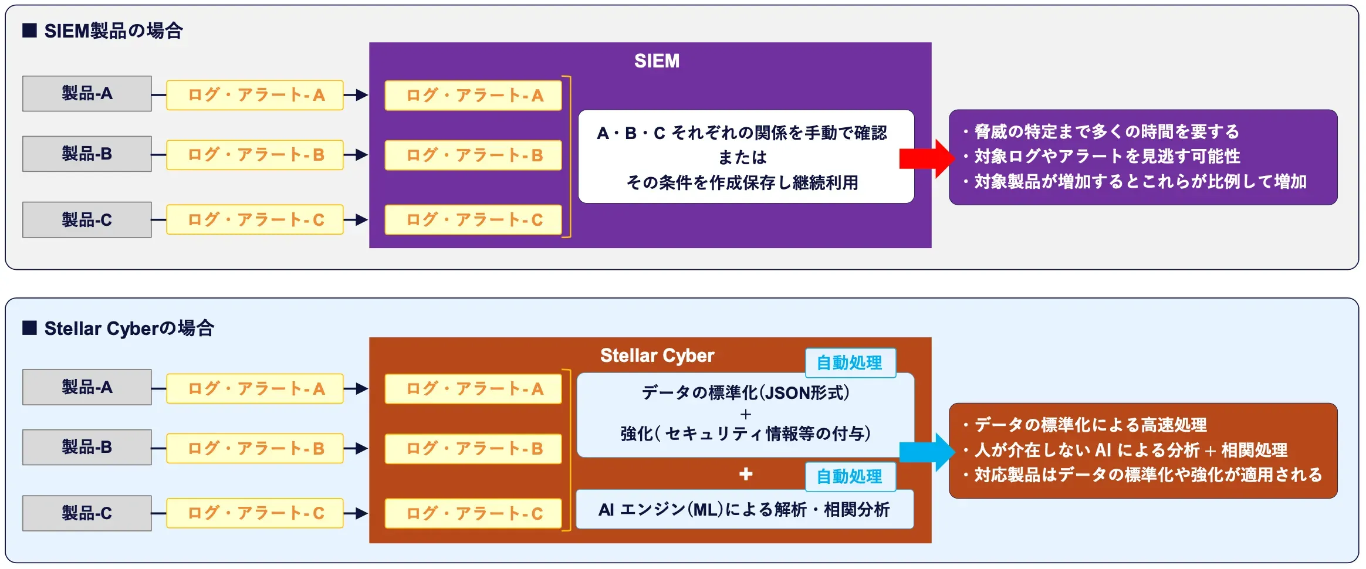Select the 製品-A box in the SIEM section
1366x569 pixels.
tap(87, 94)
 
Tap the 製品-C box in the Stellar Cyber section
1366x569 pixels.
tap(87, 513)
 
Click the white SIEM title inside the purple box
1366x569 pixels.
tap(657, 61)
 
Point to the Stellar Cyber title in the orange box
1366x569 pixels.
tap(657, 355)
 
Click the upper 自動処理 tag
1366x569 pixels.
tap(850, 363)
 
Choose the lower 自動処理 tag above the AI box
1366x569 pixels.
tap(850, 476)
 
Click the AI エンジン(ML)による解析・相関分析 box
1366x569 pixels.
tap(744, 509)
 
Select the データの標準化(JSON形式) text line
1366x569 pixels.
tap(745, 392)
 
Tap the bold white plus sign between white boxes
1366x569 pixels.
tap(746, 474)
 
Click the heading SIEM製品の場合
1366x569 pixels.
tap(113, 31)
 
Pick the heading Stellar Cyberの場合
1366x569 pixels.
tap(129, 328)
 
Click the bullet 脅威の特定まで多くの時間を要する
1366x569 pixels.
tap(1106, 131)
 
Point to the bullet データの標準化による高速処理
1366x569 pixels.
tap(1090, 425)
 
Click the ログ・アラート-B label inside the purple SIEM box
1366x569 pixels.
tap(474, 155)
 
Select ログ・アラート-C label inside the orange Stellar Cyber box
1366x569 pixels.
tap(474, 514)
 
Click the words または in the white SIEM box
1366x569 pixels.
tap(742, 157)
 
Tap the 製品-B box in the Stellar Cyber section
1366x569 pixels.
tap(87, 447)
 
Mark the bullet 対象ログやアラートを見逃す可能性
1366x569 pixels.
tap(1107, 156)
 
